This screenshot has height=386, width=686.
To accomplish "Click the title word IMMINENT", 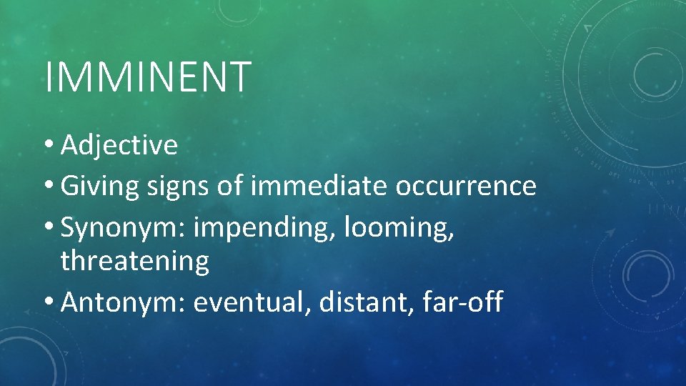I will click(147, 77).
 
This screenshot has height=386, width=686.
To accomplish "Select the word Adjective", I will click(119, 145).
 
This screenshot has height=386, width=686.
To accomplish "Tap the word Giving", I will click(100, 186).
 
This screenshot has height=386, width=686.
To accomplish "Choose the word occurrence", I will click(465, 186).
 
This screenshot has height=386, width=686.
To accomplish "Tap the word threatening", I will click(135, 262).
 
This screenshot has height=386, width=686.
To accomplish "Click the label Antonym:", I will click(124, 302).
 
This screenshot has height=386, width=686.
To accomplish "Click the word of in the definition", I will click(230, 186).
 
